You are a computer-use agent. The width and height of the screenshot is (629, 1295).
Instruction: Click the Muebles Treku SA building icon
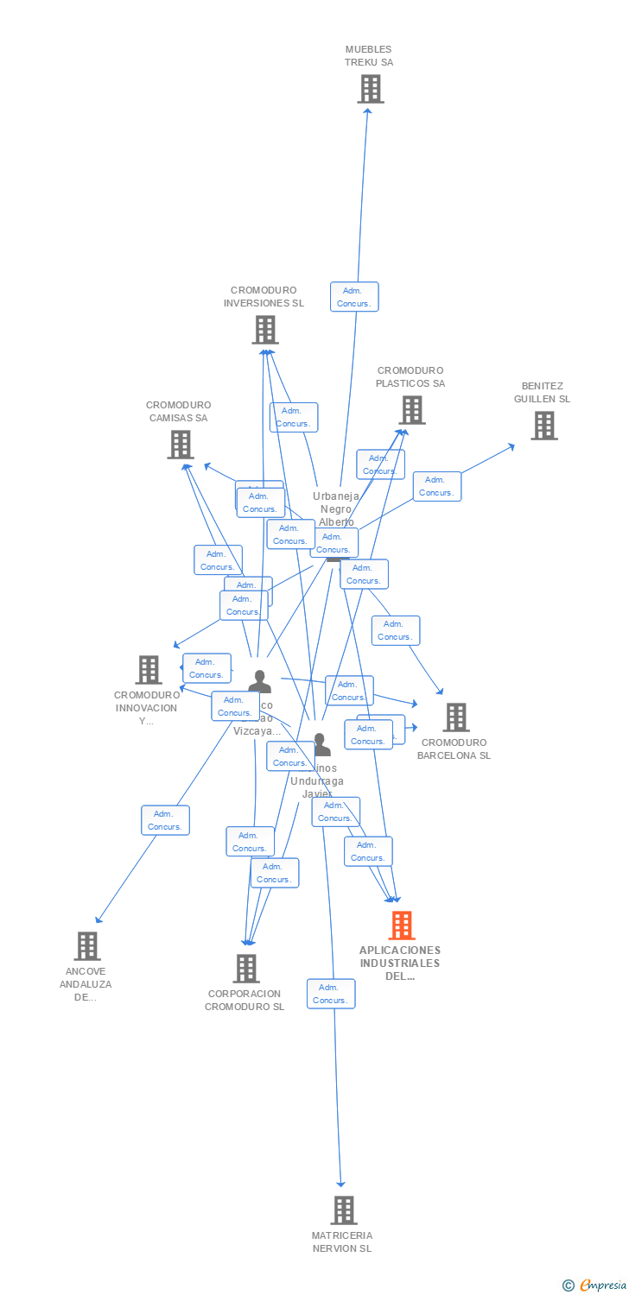click(x=370, y=88)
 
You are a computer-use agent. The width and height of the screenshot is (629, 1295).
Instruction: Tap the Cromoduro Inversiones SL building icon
click(x=265, y=329)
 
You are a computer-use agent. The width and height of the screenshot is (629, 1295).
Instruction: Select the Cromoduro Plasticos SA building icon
click(x=412, y=410)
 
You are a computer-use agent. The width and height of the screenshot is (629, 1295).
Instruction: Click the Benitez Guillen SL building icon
click(x=543, y=425)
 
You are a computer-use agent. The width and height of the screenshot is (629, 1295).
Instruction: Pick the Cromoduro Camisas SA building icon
click(x=180, y=444)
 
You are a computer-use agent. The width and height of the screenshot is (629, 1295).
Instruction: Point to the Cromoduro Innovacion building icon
click(x=149, y=669)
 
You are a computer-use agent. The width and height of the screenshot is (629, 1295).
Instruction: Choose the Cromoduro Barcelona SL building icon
click(x=455, y=717)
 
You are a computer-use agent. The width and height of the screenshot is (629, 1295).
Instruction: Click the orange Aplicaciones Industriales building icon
click(x=401, y=925)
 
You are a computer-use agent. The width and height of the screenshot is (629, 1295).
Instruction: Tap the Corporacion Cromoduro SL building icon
click(x=246, y=968)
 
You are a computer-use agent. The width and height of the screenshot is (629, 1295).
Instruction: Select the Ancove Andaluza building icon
click(x=86, y=945)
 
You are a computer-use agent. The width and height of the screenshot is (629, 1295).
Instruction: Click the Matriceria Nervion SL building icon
click(x=343, y=1210)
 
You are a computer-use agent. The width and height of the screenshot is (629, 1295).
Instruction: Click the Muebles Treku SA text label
click(x=369, y=56)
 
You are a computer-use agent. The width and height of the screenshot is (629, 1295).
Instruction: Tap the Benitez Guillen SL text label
click(x=543, y=393)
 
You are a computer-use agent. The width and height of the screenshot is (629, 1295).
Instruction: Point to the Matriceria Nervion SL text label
click(x=342, y=1242)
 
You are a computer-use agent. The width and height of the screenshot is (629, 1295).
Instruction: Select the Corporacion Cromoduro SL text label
click(x=245, y=1001)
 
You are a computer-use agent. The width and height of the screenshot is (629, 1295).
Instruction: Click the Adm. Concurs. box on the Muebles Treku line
click(x=354, y=297)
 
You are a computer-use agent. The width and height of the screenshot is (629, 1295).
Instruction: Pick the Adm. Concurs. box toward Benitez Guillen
click(x=437, y=486)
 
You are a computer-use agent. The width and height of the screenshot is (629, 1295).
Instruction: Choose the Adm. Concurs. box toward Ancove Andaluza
click(x=165, y=820)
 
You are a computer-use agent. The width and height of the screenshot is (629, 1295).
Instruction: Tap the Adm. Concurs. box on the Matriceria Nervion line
click(x=331, y=994)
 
